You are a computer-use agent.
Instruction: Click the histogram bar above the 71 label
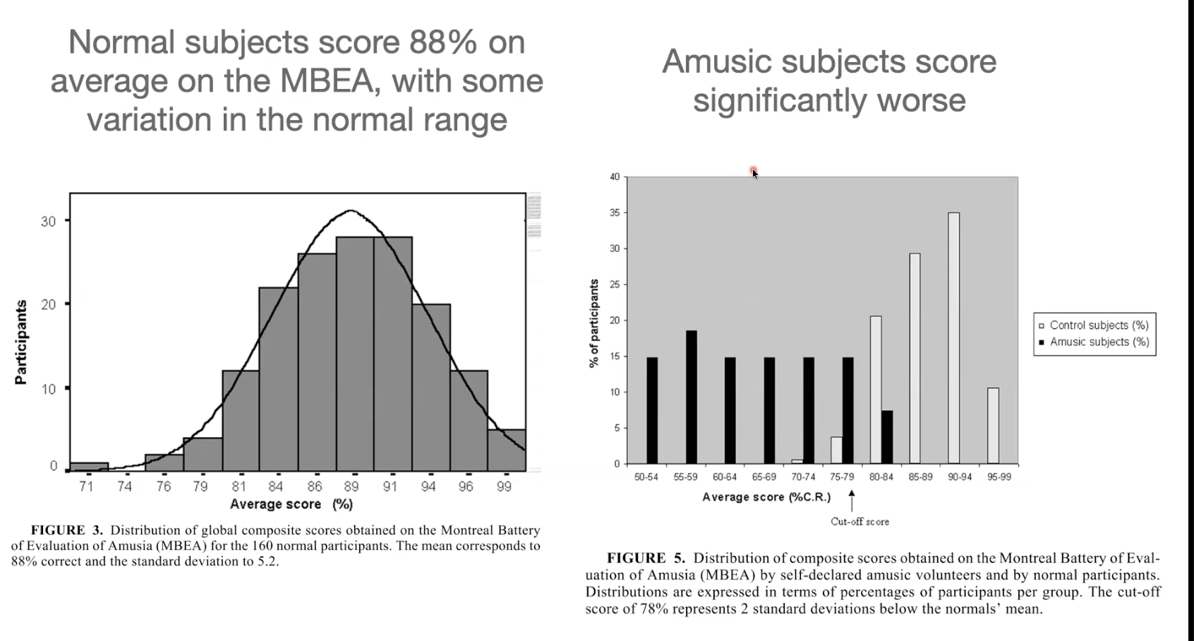tap(89, 466)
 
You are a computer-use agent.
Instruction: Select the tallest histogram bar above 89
tap(355, 353)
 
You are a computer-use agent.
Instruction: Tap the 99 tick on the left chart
tap(504, 486)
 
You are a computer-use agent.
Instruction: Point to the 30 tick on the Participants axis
tap(48, 221)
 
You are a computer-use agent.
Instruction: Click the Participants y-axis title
tap(21, 342)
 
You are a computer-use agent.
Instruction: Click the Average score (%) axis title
tap(291, 504)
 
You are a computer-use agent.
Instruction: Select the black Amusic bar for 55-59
tap(691, 397)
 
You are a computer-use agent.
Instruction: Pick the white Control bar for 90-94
tap(953, 338)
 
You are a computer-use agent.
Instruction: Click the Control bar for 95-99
tap(993, 426)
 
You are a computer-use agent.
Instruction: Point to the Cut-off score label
tap(860, 522)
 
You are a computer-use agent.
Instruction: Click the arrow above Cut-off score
tap(852, 501)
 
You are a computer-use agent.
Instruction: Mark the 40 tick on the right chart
tap(615, 176)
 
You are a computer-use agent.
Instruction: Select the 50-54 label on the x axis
tap(646, 477)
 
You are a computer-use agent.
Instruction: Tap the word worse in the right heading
tap(921, 100)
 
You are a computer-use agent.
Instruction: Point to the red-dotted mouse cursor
tap(754, 172)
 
